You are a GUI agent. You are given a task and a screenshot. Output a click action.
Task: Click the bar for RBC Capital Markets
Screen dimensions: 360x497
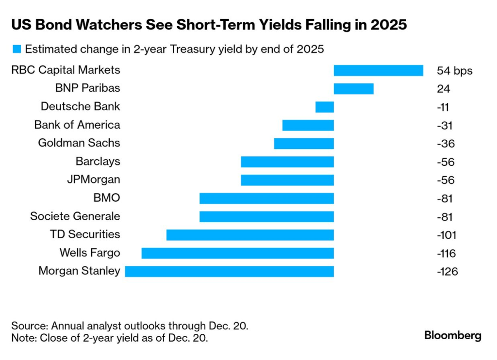click(x=379, y=70)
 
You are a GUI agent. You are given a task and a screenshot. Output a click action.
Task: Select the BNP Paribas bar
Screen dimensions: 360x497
click(x=353, y=89)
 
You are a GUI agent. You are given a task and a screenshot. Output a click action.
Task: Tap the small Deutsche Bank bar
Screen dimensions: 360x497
click(x=324, y=107)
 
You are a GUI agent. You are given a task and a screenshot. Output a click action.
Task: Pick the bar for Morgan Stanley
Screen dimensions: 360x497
click(x=229, y=271)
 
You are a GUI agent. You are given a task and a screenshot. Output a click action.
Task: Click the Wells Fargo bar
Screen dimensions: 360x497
click(x=237, y=253)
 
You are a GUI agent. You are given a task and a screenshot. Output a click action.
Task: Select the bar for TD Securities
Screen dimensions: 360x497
click(x=250, y=235)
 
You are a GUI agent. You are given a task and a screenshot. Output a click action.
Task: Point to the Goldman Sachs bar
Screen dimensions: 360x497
click(x=304, y=144)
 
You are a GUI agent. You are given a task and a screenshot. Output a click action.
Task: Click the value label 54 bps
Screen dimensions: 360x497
click(x=454, y=71)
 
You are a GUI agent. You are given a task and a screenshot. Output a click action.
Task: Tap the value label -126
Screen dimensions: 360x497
click(x=447, y=272)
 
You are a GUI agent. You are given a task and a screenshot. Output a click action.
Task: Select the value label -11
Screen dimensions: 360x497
click(x=444, y=107)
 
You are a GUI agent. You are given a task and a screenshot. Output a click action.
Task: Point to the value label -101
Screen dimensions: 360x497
click(x=447, y=235)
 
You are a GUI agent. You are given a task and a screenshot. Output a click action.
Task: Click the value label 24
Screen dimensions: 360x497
click(x=443, y=89)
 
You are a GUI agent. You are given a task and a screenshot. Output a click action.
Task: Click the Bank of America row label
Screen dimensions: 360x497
click(x=77, y=125)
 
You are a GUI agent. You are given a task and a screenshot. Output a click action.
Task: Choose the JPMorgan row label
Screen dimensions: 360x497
click(x=93, y=180)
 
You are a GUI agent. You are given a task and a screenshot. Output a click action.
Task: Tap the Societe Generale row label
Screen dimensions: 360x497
click(x=75, y=216)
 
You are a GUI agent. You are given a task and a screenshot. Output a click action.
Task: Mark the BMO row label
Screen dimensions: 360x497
click(x=106, y=197)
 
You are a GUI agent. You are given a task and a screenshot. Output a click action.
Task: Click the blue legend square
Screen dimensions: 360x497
click(x=17, y=49)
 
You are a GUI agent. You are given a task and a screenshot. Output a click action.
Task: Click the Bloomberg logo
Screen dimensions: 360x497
click(x=452, y=335)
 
